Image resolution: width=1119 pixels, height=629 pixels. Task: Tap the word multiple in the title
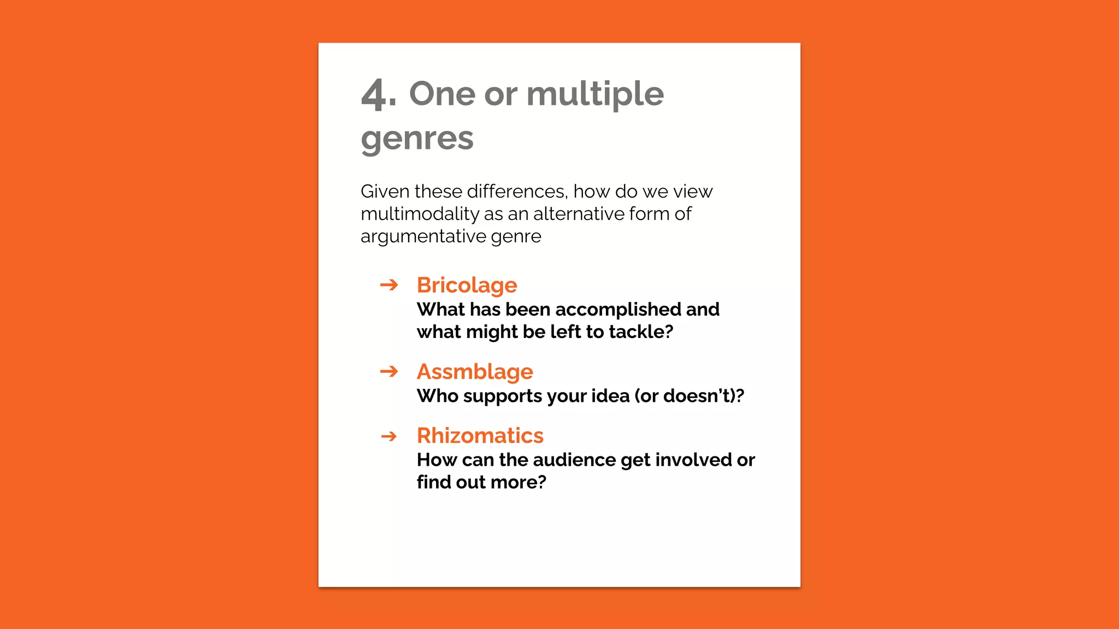(595, 94)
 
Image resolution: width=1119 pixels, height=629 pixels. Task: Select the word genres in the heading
(417, 139)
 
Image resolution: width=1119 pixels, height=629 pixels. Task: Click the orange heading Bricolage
(467, 285)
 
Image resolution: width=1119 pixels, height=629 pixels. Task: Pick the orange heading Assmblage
(475, 372)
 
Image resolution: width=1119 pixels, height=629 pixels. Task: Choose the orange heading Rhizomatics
(480, 436)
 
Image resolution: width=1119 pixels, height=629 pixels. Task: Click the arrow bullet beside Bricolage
(389, 285)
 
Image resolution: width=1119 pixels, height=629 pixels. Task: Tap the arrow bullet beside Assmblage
(389, 372)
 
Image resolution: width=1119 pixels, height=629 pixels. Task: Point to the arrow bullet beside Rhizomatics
(389, 436)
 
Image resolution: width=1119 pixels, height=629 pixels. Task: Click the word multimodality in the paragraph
(420, 214)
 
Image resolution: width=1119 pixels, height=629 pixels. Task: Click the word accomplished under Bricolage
(618, 310)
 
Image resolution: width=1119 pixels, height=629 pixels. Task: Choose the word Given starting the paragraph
(385, 192)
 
